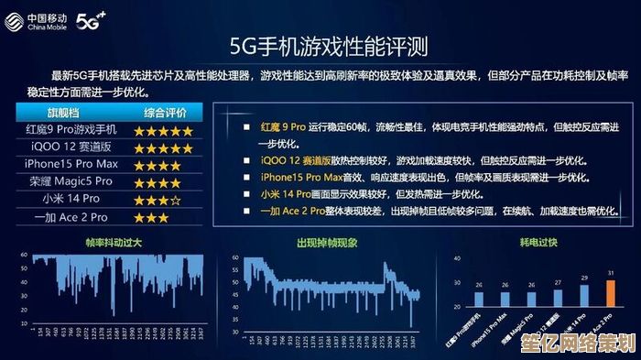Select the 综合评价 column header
[x=163, y=113]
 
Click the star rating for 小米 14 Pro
[x=157, y=200]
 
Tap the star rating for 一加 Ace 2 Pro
[x=150, y=218]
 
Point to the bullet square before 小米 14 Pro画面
[x=247, y=194]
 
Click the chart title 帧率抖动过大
[x=112, y=243]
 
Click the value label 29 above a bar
[x=583, y=277]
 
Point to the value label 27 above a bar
[x=558, y=281]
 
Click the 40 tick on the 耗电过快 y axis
[x=457, y=259]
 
